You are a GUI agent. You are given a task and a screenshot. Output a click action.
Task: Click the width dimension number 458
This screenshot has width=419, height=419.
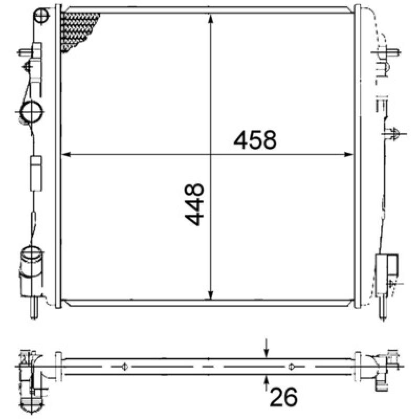255,140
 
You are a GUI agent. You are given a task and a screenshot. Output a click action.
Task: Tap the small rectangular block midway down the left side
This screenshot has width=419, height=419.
35,173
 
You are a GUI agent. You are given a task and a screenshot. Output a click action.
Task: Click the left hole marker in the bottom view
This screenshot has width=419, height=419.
124,366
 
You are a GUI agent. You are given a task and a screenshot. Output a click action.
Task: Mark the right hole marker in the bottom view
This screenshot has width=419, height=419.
292,366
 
